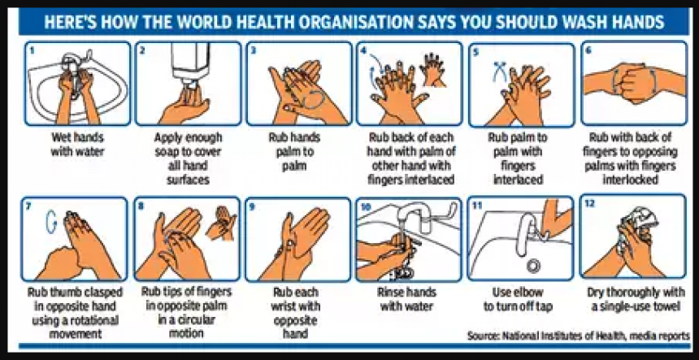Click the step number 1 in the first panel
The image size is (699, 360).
pyautogui.click(x=33, y=50)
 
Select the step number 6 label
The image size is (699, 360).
pyautogui.click(x=587, y=50)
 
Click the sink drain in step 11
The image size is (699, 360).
pyautogui.click(x=534, y=265)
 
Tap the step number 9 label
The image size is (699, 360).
pyautogui.click(x=254, y=206)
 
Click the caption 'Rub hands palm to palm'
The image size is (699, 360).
pyautogui.click(x=297, y=151)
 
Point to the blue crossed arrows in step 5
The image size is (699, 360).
pyautogui.click(x=495, y=72)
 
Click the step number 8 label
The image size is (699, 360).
pyautogui.click(x=143, y=206)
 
